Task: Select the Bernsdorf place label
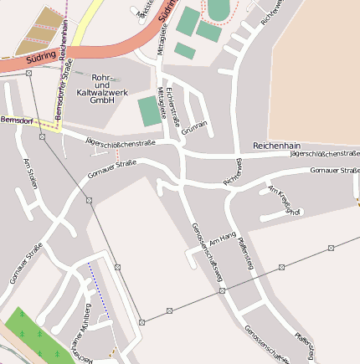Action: [18, 120]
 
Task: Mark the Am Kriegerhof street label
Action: [285, 200]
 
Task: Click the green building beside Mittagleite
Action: [151, 111]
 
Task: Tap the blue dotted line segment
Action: [99, 290]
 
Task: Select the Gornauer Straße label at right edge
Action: [334, 171]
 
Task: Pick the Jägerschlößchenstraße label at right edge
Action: [325, 154]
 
